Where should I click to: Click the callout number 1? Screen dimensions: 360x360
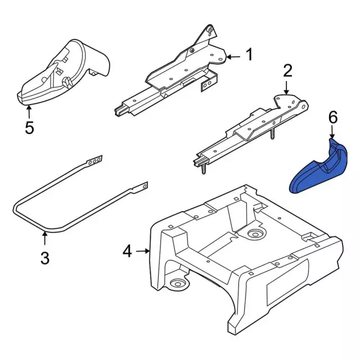[x=248, y=55]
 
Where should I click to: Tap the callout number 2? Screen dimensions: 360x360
[x=287, y=71]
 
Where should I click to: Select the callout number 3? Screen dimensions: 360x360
[x=45, y=258]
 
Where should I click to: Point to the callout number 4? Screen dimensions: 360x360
[x=128, y=251]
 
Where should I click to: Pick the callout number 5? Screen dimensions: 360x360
[x=29, y=127]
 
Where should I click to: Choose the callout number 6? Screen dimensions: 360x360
[x=332, y=117]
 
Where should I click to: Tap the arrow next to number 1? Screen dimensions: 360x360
[x=234, y=56]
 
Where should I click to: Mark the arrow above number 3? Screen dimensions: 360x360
[x=45, y=239]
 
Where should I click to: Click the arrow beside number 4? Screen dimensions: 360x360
[x=143, y=251]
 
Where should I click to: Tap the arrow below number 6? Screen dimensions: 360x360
[x=332, y=133]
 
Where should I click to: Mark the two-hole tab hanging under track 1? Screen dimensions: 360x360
[x=208, y=83]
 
